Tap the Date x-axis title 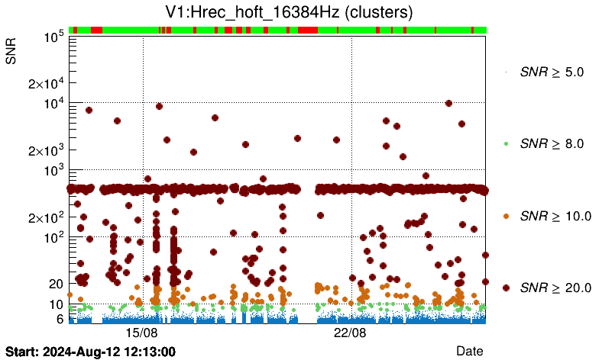469,350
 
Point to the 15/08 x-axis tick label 141,333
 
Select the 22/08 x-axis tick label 351,333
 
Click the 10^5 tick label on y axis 52,36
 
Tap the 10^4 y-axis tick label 52,103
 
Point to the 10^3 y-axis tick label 52,170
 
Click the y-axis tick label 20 55,284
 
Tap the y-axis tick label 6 58,319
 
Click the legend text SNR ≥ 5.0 552,72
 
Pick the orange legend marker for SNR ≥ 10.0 506,216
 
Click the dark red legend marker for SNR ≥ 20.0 506,288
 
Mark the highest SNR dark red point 448,103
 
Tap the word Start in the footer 21,352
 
